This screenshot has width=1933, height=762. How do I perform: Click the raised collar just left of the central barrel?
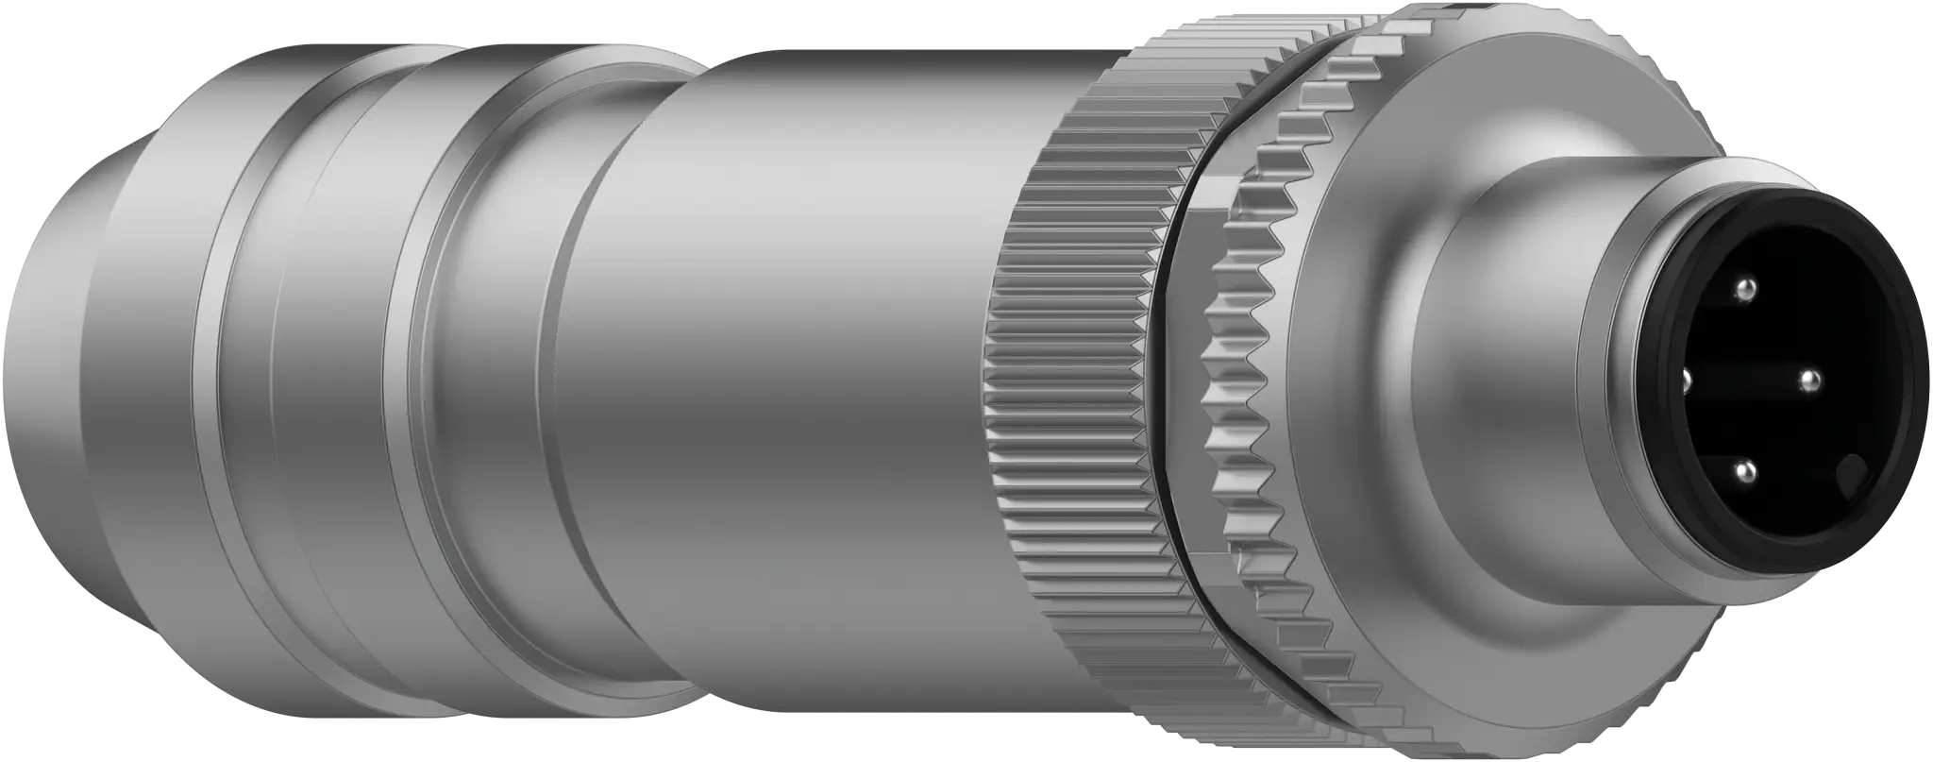click(x=500, y=378)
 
